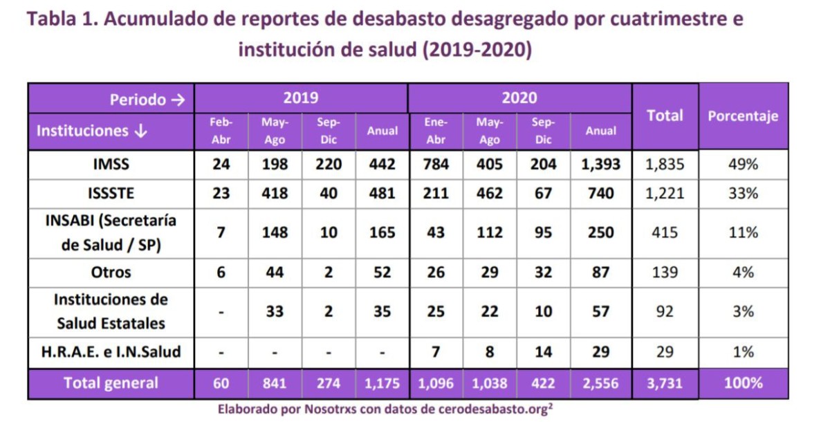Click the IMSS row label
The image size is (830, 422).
point(111,165)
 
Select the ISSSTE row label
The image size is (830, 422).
point(111,194)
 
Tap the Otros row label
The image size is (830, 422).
point(111,273)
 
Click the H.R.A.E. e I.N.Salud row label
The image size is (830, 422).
point(111,351)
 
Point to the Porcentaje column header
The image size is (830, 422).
point(743,116)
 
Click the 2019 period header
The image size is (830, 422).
point(301,98)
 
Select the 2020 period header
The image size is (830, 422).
point(519,98)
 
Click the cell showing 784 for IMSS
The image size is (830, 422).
point(435,165)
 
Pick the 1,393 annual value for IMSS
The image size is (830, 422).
point(600,165)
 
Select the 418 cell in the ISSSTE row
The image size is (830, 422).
point(275,194)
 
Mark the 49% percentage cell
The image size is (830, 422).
point(743,165)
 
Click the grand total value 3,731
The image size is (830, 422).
point(665,383)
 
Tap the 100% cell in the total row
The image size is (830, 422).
point(743,383)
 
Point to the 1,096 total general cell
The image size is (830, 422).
point(435,383)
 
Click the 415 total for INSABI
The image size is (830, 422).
point(665,232)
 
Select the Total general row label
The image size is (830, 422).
point(111,383)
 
